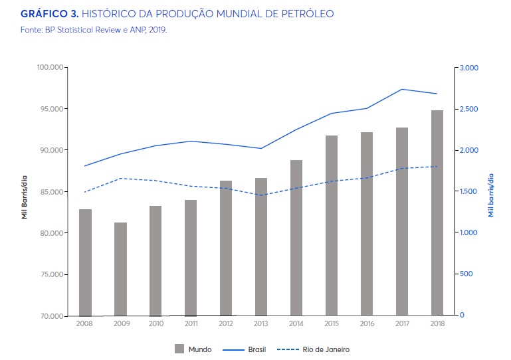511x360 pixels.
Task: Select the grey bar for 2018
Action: point(437,213)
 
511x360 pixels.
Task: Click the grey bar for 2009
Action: point(120,268)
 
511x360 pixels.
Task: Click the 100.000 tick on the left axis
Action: point(49,68)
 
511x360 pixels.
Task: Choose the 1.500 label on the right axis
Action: point(469,191)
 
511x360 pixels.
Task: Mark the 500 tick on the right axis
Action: point(466,274)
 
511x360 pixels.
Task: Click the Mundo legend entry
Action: point(193,349)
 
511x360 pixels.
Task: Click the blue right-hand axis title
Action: point(491,195)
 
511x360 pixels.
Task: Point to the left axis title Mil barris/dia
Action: point(25,195)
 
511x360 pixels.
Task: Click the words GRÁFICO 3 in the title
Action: point(49,13)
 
